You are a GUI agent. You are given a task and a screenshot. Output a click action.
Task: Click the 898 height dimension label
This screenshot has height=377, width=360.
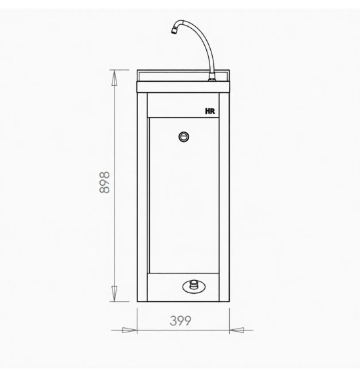coord(104,183)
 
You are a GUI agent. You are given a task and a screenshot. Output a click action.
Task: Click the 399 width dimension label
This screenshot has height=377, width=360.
coord(181,321)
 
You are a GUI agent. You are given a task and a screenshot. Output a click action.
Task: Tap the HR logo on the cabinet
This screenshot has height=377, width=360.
coord(210,111)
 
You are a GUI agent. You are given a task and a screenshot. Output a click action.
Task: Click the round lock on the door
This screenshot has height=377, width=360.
coord(184,137)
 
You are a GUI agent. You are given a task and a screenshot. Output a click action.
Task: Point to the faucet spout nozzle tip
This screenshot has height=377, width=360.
coord(174,31)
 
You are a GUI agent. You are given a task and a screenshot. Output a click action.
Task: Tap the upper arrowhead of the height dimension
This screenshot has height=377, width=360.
coord(115,78)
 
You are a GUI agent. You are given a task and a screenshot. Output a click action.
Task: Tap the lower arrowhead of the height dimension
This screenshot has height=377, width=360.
coord(115,294)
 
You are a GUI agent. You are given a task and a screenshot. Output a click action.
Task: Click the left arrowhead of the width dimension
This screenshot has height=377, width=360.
coord(130,330)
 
